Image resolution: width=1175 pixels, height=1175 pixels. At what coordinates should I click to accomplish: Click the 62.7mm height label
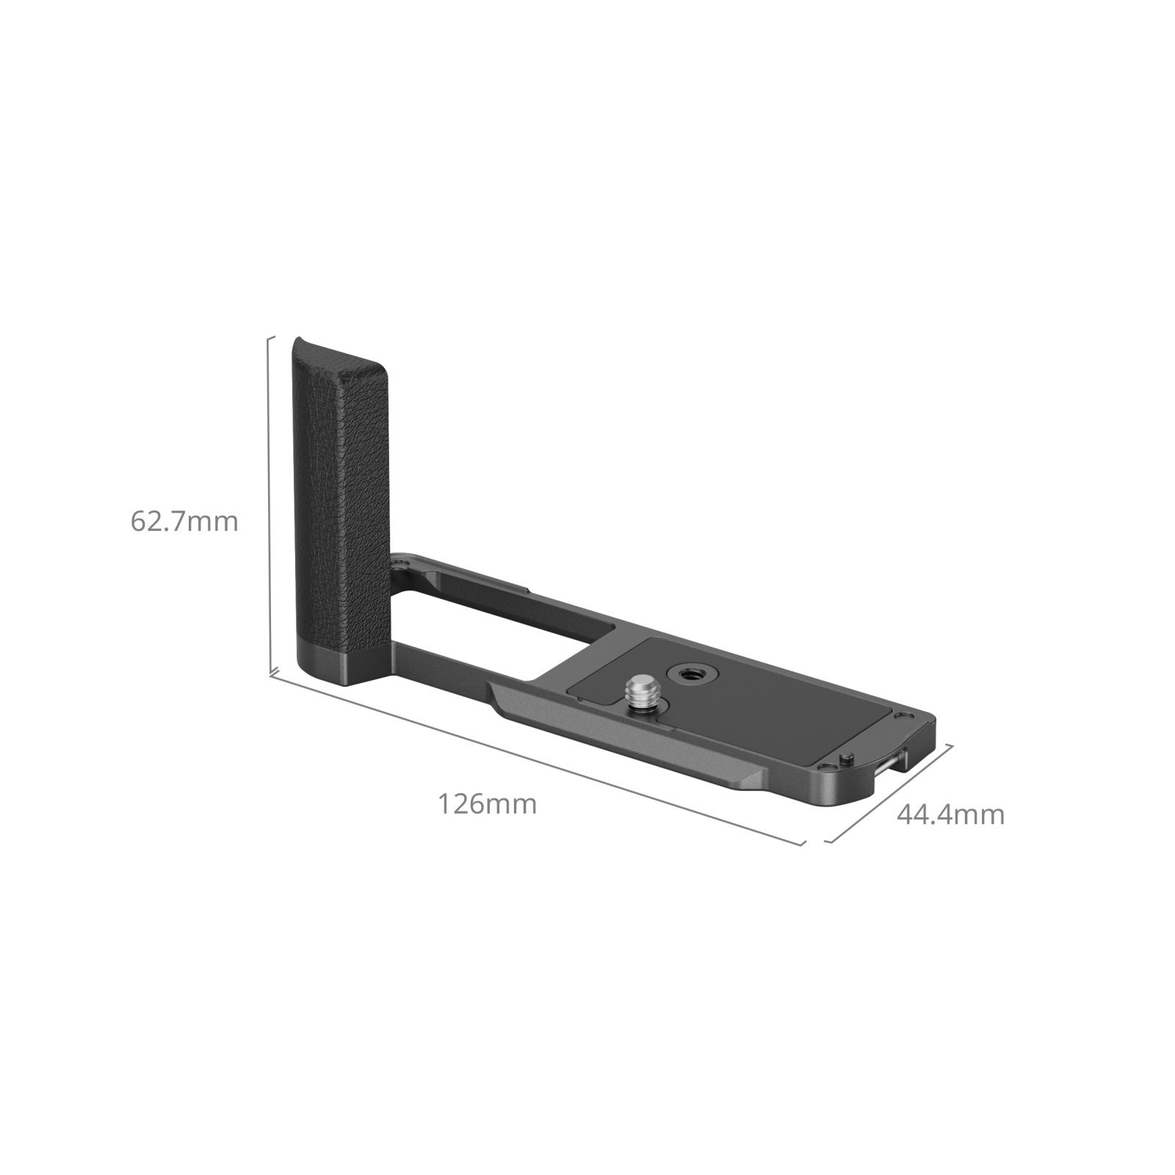pyautogui.click(x=184, y=522)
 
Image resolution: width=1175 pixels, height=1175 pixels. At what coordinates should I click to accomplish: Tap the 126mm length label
pyautogui.click(x=488, y=804)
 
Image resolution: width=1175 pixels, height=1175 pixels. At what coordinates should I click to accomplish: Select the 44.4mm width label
pyautogui.click(x=950, y=814)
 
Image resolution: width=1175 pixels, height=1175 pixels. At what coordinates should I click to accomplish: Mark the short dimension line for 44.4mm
pyautogui.click(x=889, y=794)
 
